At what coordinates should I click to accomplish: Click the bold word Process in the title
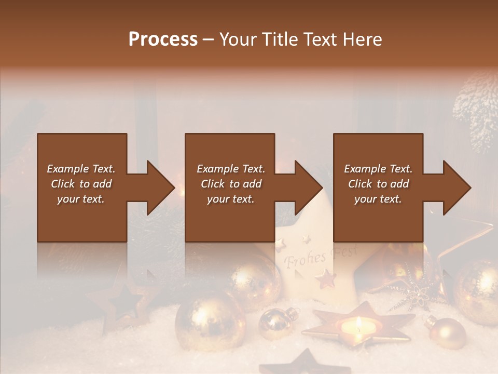click(163, 39)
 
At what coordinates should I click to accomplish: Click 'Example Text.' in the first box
click(81, 169)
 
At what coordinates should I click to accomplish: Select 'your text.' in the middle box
click(230, 199)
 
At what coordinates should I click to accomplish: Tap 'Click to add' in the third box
click(378, 184)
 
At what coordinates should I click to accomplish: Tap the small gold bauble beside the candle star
click(278, 322)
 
